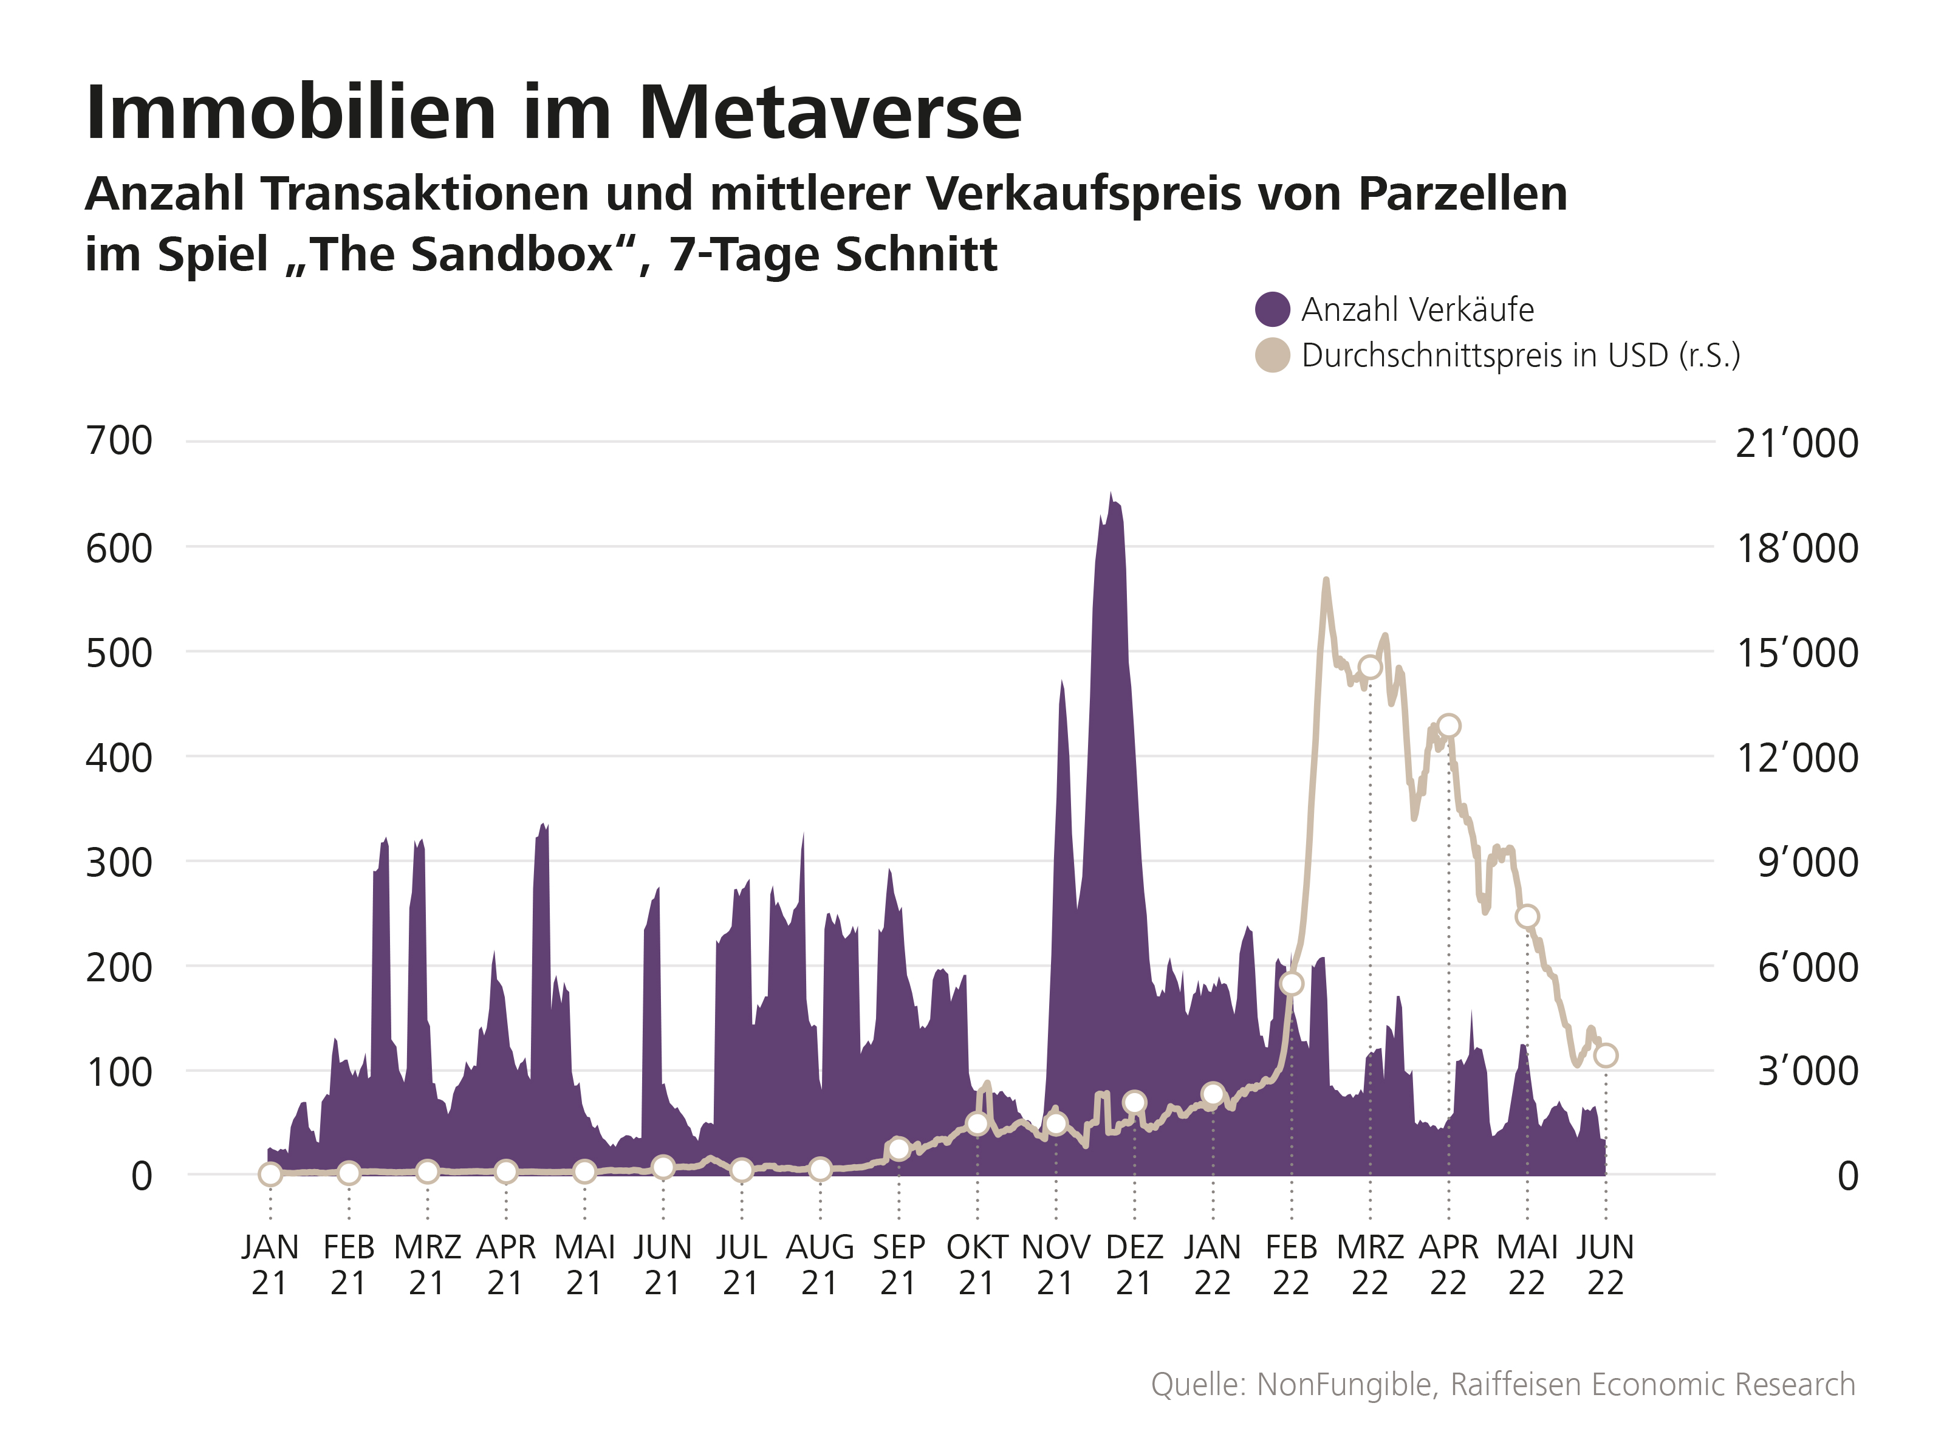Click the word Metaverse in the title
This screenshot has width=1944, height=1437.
(830, 113)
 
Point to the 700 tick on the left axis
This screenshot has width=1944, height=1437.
(119, 441)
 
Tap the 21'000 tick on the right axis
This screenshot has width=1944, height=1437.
(1796, 444)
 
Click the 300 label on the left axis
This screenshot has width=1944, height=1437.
(119, 862)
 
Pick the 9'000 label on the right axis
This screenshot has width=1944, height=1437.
(1807, 862)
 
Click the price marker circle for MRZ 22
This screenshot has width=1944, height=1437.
(1370, 667)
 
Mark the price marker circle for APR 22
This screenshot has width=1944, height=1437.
(1448, 725)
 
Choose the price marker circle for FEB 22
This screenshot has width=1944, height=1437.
(1292, 983)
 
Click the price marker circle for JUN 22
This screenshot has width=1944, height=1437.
(1606, 1055)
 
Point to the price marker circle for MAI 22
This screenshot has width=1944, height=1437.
(1527, 916)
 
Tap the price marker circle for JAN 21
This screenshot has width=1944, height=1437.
(270, 1175)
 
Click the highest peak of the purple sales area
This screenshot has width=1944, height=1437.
(1110, 493)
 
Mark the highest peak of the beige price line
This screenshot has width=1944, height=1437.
(1326, 579)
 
